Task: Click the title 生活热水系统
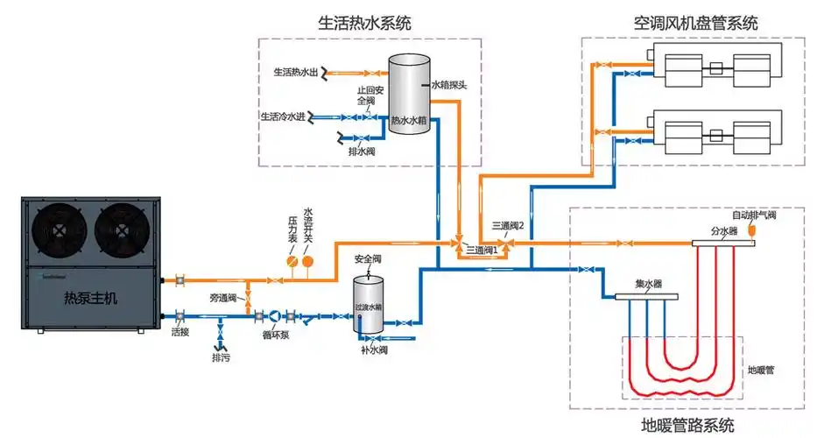pos(364,23)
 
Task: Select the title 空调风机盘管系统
pos(695,23)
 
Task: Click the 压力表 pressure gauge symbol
pos(293,262)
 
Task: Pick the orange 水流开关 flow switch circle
pos(308,262)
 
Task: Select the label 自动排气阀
pos(754,214)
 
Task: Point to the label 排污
pos(220,358)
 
